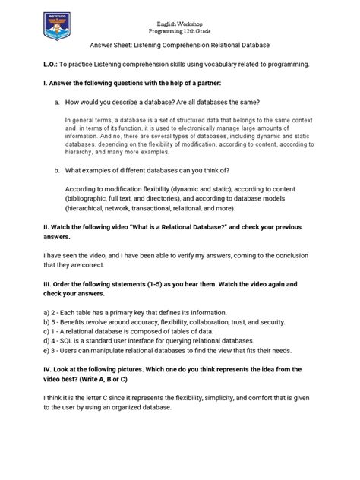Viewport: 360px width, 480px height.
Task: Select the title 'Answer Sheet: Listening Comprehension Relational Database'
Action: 180,44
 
